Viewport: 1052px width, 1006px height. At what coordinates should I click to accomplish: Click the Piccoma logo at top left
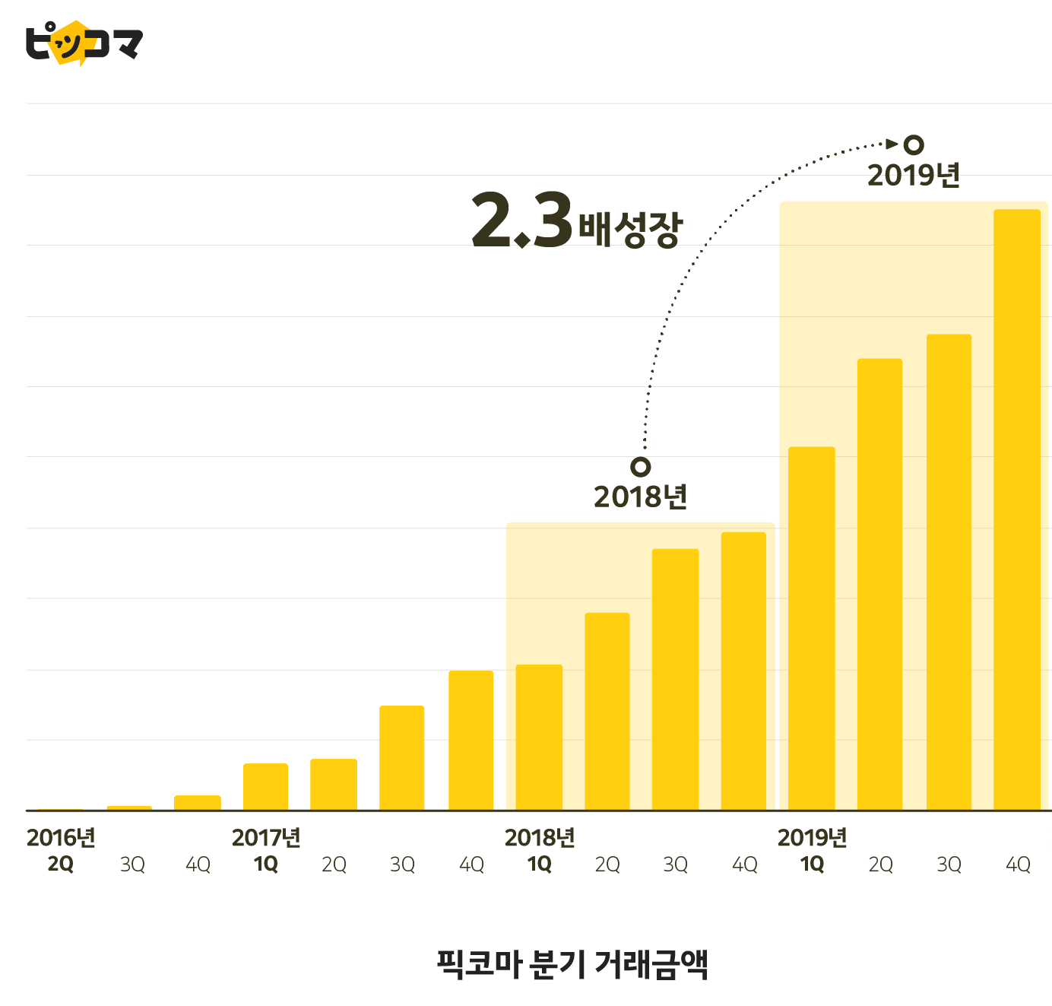pyautogui.click(x=84, y=43)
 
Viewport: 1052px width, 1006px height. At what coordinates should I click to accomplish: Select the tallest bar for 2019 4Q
pyautogui.click(x=1016, y=509)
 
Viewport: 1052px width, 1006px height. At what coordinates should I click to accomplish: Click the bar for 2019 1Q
pyautogui.click(x=811, y=628)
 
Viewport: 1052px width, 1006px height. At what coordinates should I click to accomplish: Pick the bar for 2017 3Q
pyautogui.click(x=401, y=757)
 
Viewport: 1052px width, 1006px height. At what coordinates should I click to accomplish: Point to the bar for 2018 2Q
pyautogui.click(x=607, y=711)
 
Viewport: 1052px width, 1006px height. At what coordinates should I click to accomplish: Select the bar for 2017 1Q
pyautogui.click(x=265, y=786)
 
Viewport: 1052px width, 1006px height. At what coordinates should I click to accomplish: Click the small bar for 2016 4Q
pyautogui.click(x=197, y=802)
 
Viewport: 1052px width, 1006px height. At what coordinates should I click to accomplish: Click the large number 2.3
pyautogui.click(x=521, y=221)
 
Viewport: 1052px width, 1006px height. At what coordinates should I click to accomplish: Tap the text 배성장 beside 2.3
pyautogui.click(x=630, y=228)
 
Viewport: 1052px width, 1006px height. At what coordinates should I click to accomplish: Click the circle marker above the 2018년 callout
pyautogui.click(x=641, y=466)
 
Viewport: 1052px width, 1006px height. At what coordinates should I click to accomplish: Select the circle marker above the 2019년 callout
pyautogui.click(x=913, y=144)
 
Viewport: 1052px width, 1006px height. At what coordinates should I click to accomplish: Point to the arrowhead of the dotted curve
pyautogui.click(x=894, y=143)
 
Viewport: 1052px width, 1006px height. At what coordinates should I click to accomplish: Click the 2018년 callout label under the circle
pyautogui.click(x=640, y=497)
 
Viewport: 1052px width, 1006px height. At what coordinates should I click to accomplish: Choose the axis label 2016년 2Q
pyautogui.click(x=61, y=850)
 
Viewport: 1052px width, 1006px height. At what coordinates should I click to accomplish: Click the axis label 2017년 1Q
pyautogui.click(x=266, y=850)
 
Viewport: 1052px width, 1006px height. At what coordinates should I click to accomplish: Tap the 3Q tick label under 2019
pyautogui.click(x=949, y=865)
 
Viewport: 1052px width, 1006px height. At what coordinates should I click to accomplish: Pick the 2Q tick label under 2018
pyautogui.click(x=607, y=865)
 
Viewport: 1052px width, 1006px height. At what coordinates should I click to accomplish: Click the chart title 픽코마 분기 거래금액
pyautogui.click(x=572, y=964)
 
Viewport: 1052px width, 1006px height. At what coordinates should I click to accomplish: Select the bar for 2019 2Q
pyautogui.click(x=879, y=584)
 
